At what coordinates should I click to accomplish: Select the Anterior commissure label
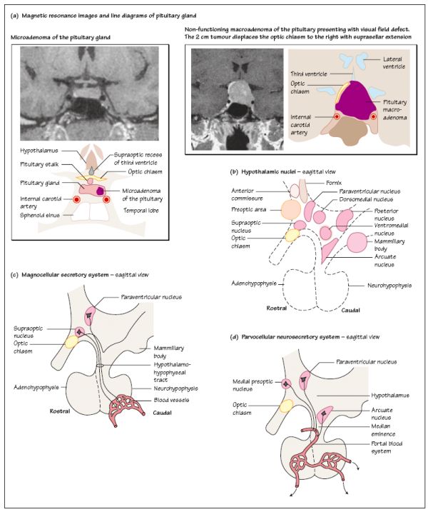[x=249, y=195]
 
